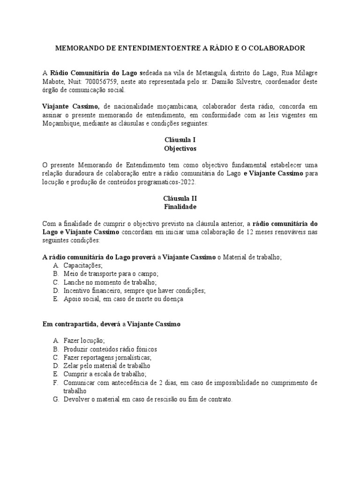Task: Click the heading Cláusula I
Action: click(x=180, y=140)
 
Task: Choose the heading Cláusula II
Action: click(x=180, y=198)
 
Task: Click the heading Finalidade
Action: click(x=180, y=206)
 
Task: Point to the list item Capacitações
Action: click(x=83, y=265)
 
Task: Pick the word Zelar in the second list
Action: click(x=72, y=366)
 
